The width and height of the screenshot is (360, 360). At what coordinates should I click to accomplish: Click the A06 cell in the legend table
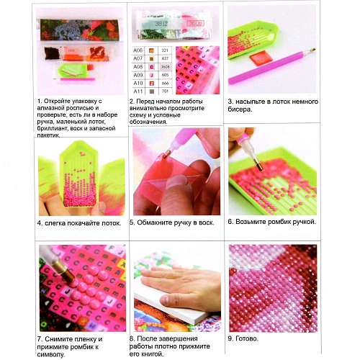point(138,50)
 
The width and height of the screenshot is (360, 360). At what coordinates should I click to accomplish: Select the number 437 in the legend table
point(165,58)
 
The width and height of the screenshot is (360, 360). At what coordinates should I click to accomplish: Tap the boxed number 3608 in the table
point(165,67)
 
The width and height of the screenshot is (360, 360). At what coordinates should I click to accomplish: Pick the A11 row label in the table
point(138,91)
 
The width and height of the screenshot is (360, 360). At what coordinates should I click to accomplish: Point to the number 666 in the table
point(165,83)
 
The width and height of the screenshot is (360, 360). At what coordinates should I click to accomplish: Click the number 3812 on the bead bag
point(161,24)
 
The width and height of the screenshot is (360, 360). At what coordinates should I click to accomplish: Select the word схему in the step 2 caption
point(138,115)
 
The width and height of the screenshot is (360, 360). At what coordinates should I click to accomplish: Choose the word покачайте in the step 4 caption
point(82,223)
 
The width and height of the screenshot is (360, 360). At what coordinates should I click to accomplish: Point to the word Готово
point(247,338)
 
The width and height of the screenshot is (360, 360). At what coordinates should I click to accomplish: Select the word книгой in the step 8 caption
point(151,354)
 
